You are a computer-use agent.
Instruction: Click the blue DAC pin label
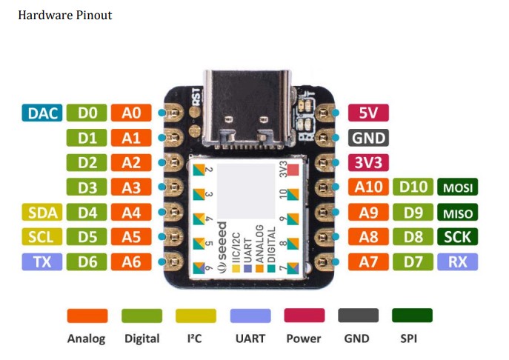[x=41, y=113]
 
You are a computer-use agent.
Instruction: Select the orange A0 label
[x=131, y=113]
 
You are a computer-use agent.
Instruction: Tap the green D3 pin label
[x=86, y=187]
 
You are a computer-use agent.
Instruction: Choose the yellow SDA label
[x=41, y=213]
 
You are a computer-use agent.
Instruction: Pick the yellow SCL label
[x=41, y=237]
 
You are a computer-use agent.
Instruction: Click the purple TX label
[x=41, y=261]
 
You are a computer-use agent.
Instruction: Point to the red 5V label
[x=368, y=113]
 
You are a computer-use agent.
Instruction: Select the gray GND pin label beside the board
[x=368, y=138]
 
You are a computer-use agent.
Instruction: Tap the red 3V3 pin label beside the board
[x=368, y=162]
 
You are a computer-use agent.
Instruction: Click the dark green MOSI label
[x=457, y=187]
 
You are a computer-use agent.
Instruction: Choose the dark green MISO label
[x=457, y=213]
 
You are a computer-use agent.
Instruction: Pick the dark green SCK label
[x=457, y=237]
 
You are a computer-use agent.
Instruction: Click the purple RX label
[x=457, y=261]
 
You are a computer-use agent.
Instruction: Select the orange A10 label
[x=368, y=187]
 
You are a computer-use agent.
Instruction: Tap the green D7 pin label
[x=413, y=261]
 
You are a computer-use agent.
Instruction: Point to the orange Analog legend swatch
[x=87, y=316]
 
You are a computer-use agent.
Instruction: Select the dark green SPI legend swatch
[x=412, y=316]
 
